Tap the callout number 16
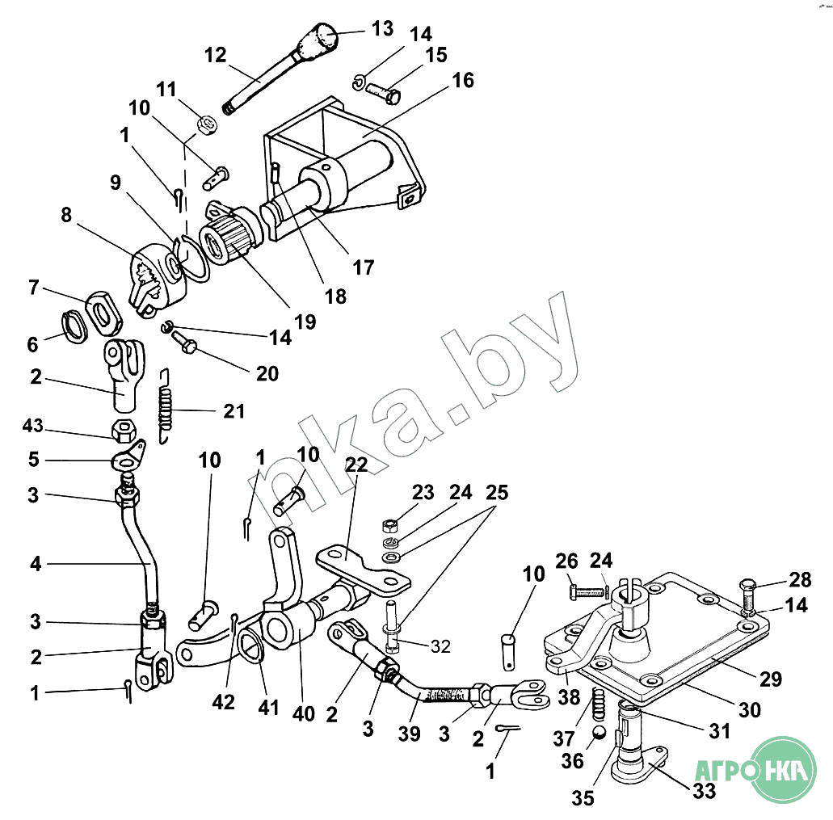(463, 81)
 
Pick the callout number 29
(771, 679)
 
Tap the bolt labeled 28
(746, 596)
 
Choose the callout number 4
(36, 564)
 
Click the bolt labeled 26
(588, 592)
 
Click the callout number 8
(65, 216)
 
